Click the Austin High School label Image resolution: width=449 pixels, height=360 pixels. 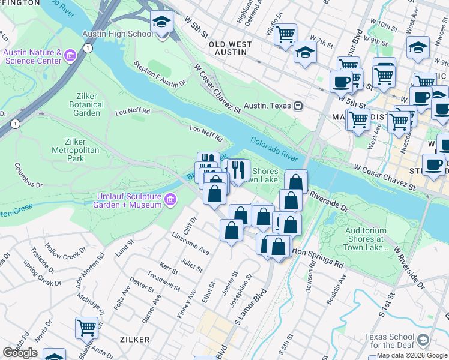(118, 34)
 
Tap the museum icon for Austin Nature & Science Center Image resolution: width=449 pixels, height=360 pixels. (70, 56)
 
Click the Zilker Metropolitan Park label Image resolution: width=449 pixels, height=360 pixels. (76, 150)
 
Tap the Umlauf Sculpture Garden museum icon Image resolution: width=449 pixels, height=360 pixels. (170, 199)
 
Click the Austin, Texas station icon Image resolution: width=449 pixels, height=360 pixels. (297, 106)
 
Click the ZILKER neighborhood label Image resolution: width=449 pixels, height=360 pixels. (134, 340)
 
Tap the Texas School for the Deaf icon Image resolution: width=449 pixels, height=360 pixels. (424, 340)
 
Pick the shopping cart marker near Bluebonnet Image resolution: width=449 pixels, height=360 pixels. (86, 328)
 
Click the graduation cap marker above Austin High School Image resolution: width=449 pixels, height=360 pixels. (161, 23)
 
